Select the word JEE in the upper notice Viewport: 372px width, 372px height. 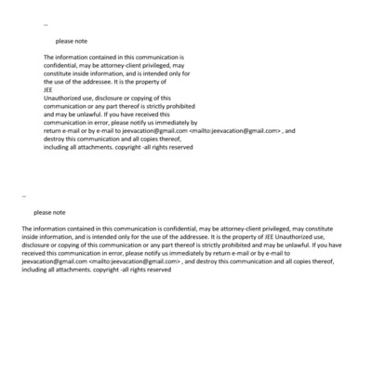click(x=49, y=89)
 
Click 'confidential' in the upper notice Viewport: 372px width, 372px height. click(x=62, y=66)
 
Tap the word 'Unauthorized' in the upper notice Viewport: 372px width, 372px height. click(x=62, y=98)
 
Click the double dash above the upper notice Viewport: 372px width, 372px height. click(x=46, y=24)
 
